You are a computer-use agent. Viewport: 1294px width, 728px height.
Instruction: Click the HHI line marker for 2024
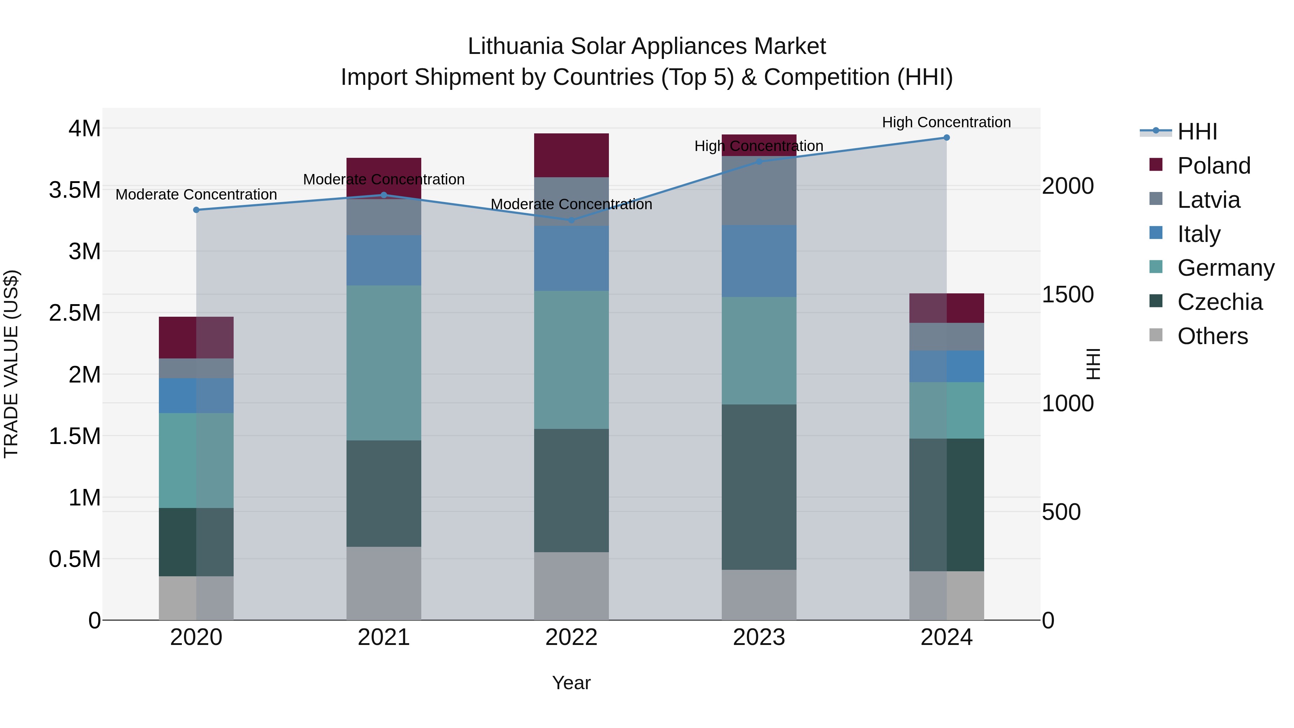coord(946,137)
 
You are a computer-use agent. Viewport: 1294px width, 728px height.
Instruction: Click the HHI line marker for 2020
coord(196,210)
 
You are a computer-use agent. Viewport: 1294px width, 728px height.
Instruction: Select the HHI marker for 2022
coord(571,220)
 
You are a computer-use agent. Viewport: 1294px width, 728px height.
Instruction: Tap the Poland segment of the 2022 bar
coord(571,155)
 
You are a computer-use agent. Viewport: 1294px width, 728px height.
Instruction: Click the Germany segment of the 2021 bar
coord(384,363)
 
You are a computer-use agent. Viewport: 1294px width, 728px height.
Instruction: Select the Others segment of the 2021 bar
coord(384,583)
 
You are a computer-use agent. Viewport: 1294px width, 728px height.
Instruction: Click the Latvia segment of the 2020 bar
coord(196,368)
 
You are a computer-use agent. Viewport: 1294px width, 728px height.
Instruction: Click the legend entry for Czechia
coord(1219,302)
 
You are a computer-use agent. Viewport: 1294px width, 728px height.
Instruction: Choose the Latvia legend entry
coord(1208,200)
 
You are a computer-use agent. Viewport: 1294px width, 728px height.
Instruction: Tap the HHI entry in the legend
coord(1197,132)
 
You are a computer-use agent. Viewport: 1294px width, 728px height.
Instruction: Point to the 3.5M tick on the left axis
coord(74,190)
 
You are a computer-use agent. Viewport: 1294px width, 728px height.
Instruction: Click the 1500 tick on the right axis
coord(1068,294)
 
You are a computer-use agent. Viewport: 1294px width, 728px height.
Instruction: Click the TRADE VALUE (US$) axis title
coord(11,364)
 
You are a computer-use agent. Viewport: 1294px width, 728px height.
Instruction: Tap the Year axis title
coord(571,683)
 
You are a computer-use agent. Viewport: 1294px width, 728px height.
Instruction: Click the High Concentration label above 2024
coord(946,122)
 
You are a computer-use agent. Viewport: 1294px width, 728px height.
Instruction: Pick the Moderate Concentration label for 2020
coord(196,194)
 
